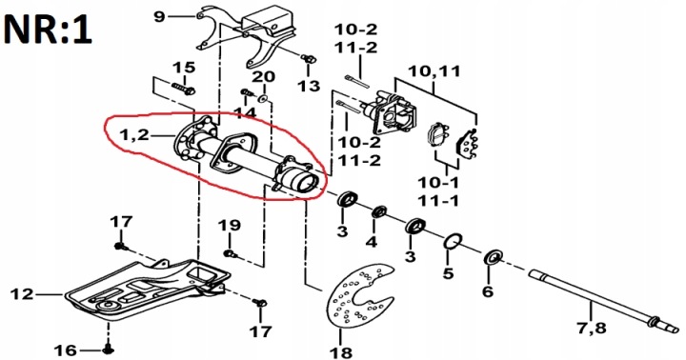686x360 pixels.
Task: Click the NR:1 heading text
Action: [x=48, y=30]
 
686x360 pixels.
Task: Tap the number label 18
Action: [x=341, y=351]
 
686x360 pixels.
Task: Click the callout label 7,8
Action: [x=592, y=328]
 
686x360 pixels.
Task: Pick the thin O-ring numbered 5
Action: [x=454, y=242]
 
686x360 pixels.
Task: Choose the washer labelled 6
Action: [x=494, y=258]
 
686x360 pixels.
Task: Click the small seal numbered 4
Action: [x=379, y=212]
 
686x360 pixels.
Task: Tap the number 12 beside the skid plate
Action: [x=22, y=293]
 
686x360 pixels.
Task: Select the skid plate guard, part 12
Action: [x=147, y=290]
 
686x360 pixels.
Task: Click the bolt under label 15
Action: [x=184, y=89]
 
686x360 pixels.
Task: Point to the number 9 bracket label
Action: [x=160, y=17]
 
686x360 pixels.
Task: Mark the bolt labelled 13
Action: [x=308, y=58]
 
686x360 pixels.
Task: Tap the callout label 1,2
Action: [x=134, y=135]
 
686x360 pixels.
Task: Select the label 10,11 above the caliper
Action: [x=434, y=70]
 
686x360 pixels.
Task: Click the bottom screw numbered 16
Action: [x=108, y=350]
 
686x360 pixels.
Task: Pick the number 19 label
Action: [x=230, y=226]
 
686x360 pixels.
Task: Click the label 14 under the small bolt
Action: [x=244, y=113]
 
